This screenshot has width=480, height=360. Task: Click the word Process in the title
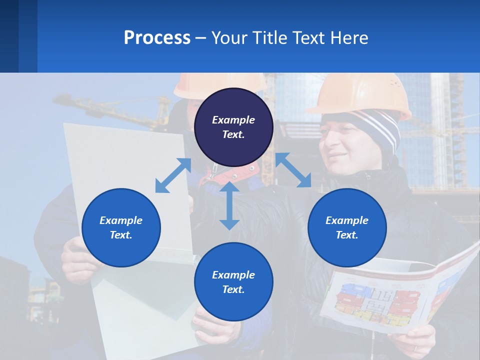coord(157,38)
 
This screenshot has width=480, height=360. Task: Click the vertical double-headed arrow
coord(229,206)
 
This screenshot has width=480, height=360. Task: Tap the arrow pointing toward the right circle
coord(293,170)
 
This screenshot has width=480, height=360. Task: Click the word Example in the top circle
coord(233,120)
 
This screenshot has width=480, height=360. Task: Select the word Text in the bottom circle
coord(233,289)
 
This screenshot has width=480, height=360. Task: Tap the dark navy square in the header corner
coord(9,36)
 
